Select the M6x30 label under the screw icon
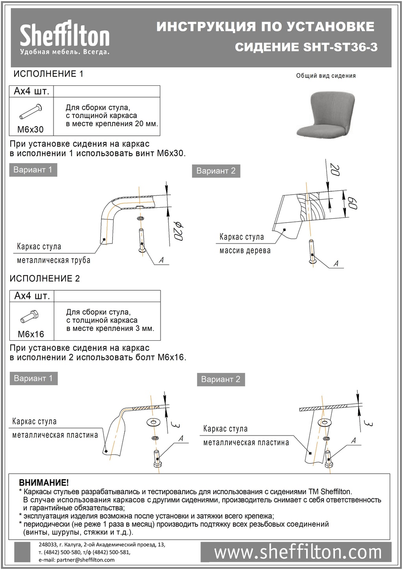coord(31,129)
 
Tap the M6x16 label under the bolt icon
coord(31,334)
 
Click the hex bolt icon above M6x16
coord(30,316)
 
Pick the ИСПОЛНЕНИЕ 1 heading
coord(48,74)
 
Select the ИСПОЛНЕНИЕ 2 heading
coord(44,279)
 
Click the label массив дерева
coord(245,251)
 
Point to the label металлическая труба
coord(54,260)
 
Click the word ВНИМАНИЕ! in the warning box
coord(44,483)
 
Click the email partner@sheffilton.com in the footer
coord(77,560)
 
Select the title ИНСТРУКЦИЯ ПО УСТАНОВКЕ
coord(265,26)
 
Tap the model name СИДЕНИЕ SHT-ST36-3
coord(306,47)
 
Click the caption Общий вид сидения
coord(326,76)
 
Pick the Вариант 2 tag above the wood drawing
coord(216,171)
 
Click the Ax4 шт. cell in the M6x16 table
coord(32,296)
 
